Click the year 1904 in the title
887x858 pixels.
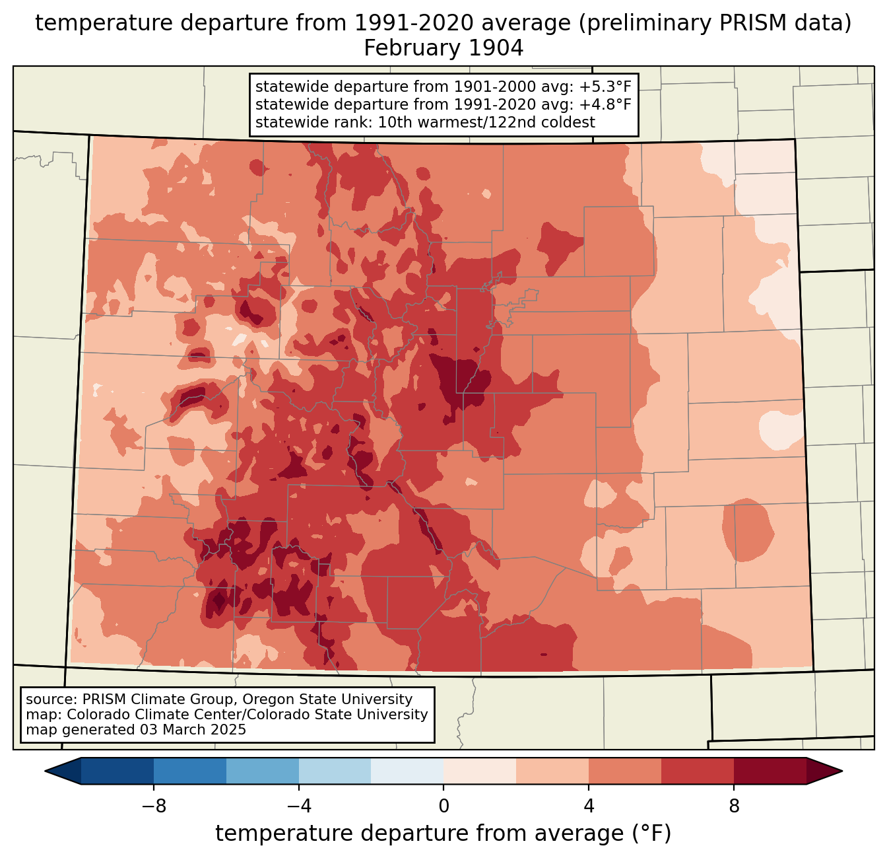[496, 48]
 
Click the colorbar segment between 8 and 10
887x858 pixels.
[770, 771]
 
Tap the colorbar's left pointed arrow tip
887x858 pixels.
[45, 771]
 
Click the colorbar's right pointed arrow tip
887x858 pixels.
[842, 771]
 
